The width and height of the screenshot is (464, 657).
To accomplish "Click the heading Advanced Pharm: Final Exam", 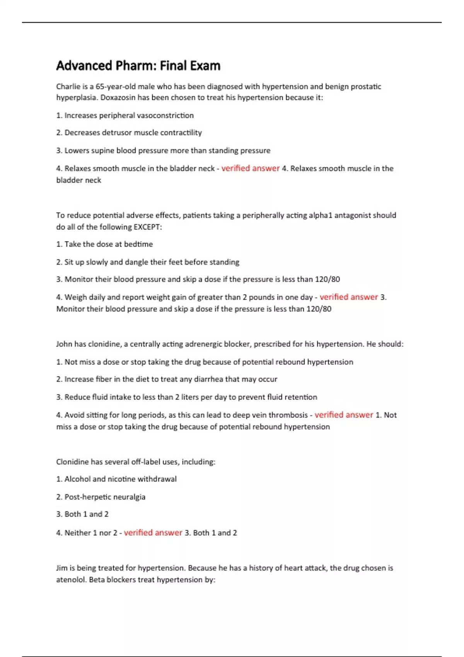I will (138, 66).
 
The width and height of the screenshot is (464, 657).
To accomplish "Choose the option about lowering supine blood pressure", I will (163, 150).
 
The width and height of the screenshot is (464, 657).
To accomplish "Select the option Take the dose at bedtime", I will (104, 244).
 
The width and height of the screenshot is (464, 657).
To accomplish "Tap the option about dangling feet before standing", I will (148, 262).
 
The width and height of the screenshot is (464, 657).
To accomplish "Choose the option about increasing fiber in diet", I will (167, 379).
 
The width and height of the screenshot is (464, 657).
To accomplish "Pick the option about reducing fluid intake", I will (186, 397).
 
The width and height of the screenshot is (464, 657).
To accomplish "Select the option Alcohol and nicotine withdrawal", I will (116, 479).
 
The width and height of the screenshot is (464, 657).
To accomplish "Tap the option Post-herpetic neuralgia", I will (101, 497).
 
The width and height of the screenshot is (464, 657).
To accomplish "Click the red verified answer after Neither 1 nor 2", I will (153, 533).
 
